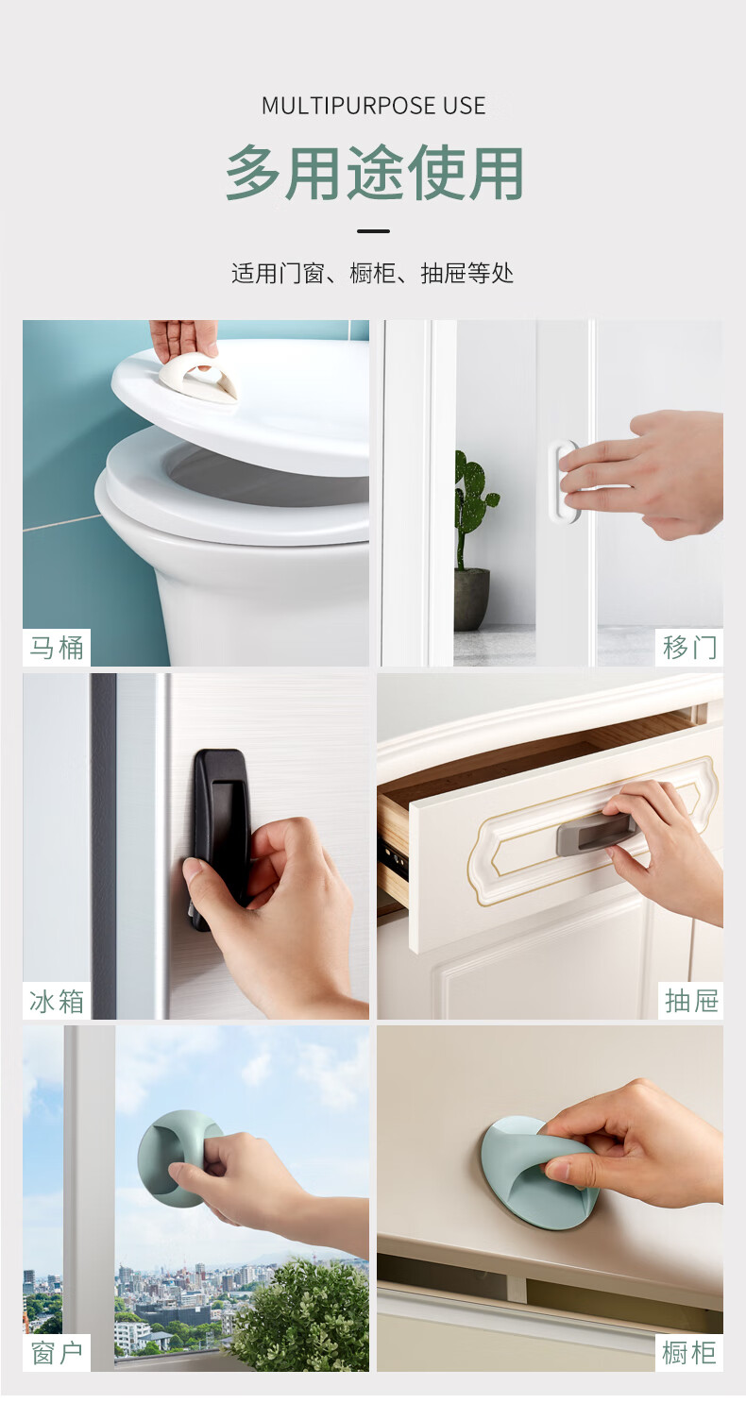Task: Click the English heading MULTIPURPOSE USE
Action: click(373, 106)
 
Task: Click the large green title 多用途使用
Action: click(374, 173)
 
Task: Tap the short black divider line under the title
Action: click(373, 231)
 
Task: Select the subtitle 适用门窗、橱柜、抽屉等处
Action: click(373, 274)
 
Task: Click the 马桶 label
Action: click(57, 647)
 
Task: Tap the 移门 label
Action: click(689, 647)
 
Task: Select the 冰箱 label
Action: click(57, 1001)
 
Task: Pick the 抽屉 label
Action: click(691, 1001)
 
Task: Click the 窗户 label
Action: click(57, 1354)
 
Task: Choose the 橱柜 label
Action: click(689, 1354)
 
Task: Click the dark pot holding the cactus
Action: click(471, 599)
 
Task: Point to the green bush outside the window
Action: click(300, 1315)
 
